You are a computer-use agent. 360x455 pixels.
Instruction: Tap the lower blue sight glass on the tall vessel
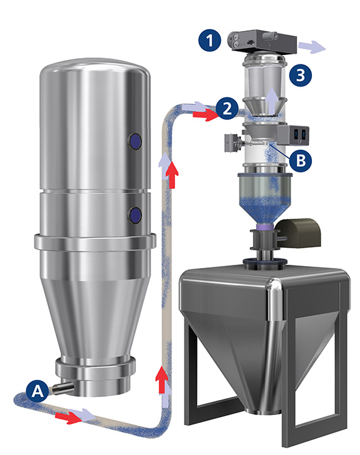coord(135,216)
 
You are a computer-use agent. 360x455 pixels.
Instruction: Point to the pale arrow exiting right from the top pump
coord(311,46)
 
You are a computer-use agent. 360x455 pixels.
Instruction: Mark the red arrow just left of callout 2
coord(203,115)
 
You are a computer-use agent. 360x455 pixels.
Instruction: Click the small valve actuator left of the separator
coord(230,145)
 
